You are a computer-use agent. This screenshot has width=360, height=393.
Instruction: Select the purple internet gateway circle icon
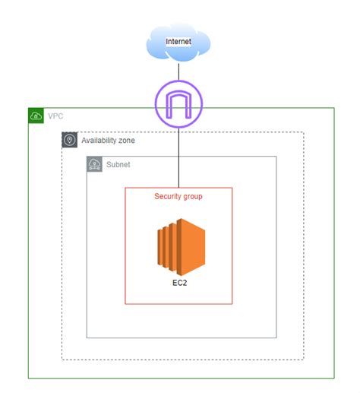[x=178, y=104]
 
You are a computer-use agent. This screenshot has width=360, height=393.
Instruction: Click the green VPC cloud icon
[x=36, y=116]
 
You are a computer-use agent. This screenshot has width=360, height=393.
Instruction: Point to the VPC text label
[x=55, y=116]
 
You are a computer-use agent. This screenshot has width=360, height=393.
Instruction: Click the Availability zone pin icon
[x=69, y=140]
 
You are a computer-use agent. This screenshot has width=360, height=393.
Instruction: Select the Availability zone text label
[x=109, y=141]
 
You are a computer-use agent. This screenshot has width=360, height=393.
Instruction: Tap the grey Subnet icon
[x=94, y=164]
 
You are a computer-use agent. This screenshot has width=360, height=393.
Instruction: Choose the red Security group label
[x=178, y=196]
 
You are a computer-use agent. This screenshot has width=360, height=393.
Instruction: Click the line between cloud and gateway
[x=178, y=71]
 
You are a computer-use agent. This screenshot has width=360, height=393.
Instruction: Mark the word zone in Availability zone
[x=127, y=141]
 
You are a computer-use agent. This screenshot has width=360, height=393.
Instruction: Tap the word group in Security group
[x=192, y=196]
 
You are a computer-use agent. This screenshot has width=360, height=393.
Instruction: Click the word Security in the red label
[x=168, y=196]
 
